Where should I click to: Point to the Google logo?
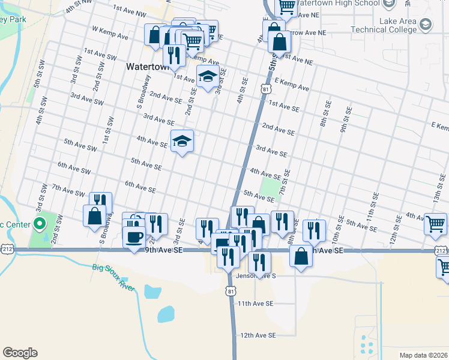click(x=20, y=353)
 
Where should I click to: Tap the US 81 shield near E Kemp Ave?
click(x=265, y=89)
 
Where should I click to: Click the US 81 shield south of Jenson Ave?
click(x=231, y=290)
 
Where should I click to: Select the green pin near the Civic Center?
click(x=40, y=225)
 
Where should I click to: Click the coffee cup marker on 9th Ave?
click(x=133, y=235)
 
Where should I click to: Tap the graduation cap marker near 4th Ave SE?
click(x=182, y=142)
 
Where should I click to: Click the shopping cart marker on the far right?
click(x=435, y=224)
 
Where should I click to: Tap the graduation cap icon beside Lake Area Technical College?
click(x=426, y=25)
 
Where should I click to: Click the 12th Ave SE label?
click(x=258, y=335)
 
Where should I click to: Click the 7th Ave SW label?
click(x=68, y=190)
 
